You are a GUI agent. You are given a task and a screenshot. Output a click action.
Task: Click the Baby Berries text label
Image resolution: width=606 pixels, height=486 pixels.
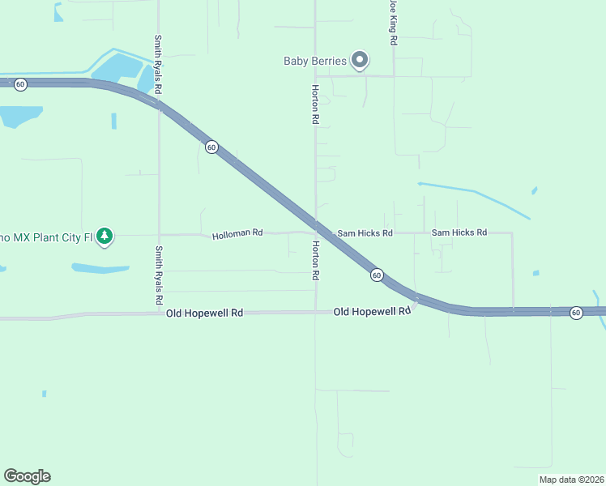[315, 61]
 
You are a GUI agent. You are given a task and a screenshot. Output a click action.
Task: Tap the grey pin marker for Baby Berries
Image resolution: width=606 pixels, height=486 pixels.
[361, 60]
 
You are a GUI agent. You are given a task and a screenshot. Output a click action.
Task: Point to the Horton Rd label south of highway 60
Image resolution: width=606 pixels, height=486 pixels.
[315, 260]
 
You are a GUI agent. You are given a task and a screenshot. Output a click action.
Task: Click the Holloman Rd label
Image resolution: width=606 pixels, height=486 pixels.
[237, 234]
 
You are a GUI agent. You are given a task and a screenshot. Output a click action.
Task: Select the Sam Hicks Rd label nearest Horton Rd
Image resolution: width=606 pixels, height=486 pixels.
[365, 233]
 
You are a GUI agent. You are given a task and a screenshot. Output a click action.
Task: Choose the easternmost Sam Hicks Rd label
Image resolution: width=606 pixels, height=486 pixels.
[459, 232]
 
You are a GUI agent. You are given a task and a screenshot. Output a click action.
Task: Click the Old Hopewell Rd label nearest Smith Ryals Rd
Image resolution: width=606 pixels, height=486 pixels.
[204, 313]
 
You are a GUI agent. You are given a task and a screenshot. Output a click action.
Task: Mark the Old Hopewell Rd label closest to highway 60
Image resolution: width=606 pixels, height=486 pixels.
[372, 311]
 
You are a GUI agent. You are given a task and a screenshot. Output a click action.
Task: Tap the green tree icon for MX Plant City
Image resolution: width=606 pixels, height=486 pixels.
[105, 237]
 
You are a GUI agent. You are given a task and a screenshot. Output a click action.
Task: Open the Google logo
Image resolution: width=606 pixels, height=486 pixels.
[27, 476]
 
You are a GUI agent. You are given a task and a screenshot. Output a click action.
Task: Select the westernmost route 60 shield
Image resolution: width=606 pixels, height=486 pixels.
[20, 83]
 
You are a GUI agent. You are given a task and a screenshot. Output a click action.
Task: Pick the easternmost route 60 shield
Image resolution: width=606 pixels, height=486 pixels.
[576, 312]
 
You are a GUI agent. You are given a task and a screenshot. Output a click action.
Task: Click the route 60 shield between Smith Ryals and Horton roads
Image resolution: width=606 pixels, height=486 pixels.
[211, 147]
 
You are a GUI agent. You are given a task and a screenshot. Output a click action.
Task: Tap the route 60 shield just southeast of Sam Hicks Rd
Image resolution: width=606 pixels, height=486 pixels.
[377, 275]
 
